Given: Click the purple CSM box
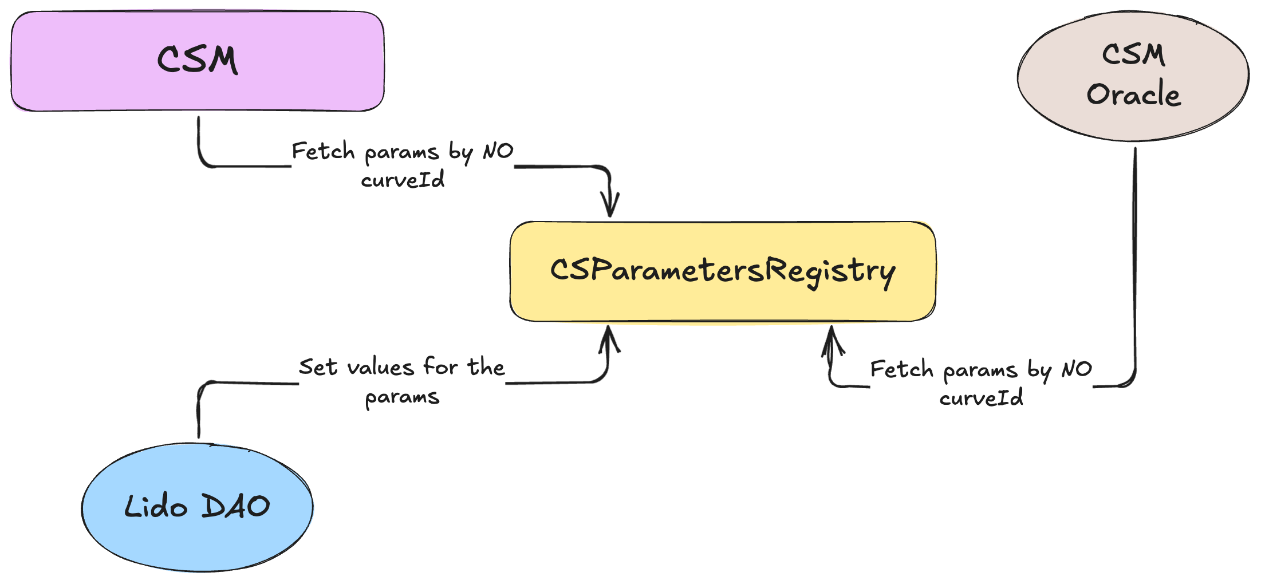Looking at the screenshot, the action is (198, 61).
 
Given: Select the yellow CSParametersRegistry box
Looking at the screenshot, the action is (723, 271).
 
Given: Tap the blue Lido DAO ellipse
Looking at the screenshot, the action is (197, 507).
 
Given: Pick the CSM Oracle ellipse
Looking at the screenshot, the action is (1133, 76).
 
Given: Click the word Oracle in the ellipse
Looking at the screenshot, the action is (1134, 94).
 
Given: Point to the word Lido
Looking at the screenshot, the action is (156, 507).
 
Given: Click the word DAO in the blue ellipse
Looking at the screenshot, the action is (236, 507).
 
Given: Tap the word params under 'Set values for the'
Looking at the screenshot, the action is (402, 397).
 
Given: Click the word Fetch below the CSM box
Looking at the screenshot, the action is (323, 151).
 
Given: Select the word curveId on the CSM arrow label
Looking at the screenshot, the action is (403, 180).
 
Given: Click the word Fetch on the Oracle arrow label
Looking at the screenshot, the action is (902, 369).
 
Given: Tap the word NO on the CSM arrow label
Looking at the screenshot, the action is (498, 151).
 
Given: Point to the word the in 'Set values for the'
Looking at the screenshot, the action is (486, 367).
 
